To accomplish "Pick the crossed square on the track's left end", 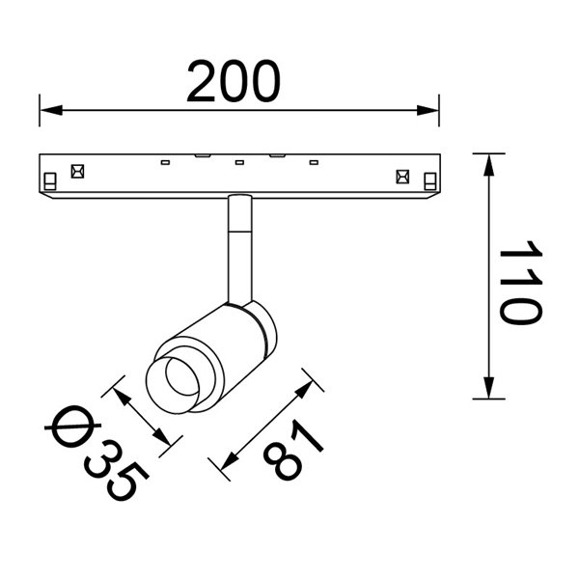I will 76,175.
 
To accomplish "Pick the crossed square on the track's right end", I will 402,176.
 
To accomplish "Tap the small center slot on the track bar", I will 238,161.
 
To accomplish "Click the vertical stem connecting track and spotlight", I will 237,246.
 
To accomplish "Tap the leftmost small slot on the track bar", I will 165,161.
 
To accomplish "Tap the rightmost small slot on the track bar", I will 313,161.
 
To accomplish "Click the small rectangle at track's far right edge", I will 429,179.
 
